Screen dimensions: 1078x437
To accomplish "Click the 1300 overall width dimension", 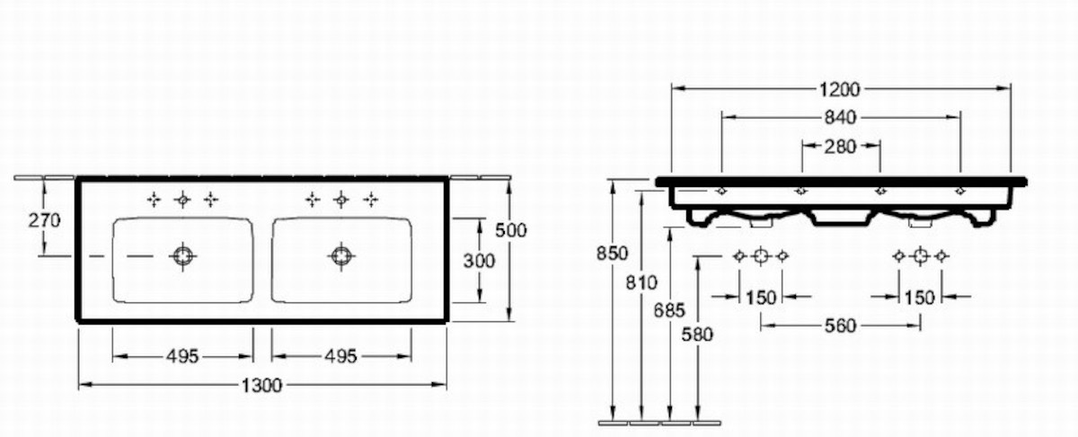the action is tap(261, 386).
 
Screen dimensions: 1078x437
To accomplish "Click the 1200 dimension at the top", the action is tap(839, 89).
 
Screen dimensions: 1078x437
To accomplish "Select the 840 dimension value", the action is tap(840, 118).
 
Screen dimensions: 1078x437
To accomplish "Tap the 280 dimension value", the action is tap(840, 147).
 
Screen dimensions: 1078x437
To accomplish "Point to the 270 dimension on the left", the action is tap(44, 220).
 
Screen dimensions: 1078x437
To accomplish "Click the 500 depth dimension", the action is tap(511, 230).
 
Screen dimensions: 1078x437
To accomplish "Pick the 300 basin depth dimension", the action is tap(479, 261).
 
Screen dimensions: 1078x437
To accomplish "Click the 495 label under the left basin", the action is tap(182, 357).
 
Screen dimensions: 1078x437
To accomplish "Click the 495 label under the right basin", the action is tap(340, 357).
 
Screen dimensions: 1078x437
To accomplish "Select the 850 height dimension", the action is tap(612, 253).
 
